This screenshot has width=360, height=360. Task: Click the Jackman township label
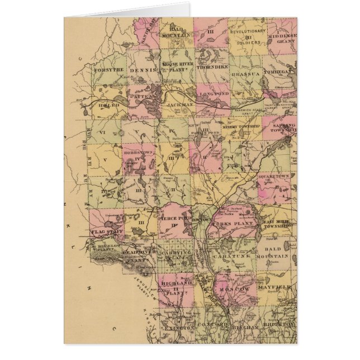coord(179,105)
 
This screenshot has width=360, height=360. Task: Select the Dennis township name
coord(142,71)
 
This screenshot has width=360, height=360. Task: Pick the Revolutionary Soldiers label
coord(246,36)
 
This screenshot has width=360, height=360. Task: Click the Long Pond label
coord(214,94)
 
